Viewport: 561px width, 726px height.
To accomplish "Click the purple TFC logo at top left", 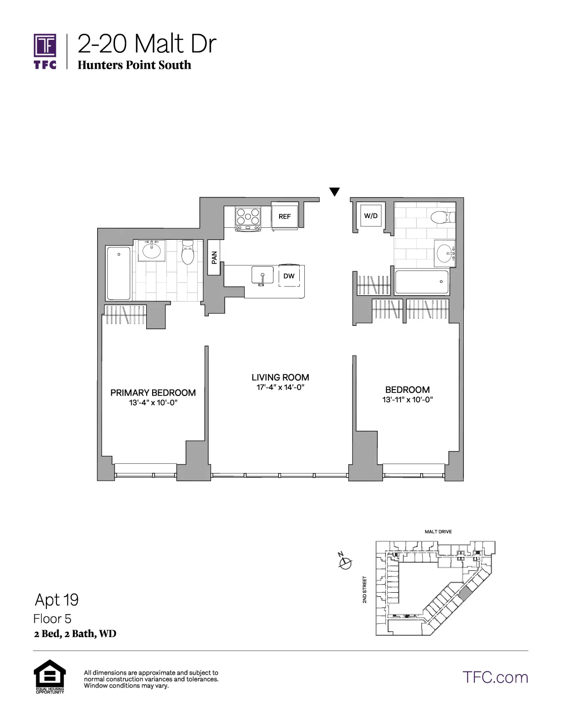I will click(x=45, y=50).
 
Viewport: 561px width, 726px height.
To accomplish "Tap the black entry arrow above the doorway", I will click(x=335, y=192).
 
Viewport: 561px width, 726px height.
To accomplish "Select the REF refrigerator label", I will click(x=285, y=216).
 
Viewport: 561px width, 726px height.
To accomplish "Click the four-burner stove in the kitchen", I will click(x=248, y=218).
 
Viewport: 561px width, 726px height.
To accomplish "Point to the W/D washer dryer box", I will click(x=371, y=215).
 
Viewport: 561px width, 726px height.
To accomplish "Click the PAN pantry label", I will click(x=214, y=258).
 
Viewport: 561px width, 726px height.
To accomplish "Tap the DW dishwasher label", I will click(x=289, y=276).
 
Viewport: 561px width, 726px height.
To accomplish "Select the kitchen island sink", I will click(x=262, y=276).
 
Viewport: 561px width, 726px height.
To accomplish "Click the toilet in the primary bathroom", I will click(x=188, y=253).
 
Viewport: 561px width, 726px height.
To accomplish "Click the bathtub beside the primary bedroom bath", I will click(x=119, y=273).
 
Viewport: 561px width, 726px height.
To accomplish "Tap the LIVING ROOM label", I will click(x=280, y=377).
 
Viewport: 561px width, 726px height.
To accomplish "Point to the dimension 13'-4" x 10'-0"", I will click(x=153, y=403).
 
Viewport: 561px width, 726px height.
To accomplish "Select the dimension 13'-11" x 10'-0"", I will click(x=407, y=400).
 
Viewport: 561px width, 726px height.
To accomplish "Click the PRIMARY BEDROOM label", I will click(x=153, y=393).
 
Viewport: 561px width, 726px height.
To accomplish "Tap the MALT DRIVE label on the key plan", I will click(x=438, y=532).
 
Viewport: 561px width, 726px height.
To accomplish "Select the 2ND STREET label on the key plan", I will click(x=365, y=589).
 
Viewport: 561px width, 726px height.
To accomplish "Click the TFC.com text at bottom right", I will click(x=495, y=677).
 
